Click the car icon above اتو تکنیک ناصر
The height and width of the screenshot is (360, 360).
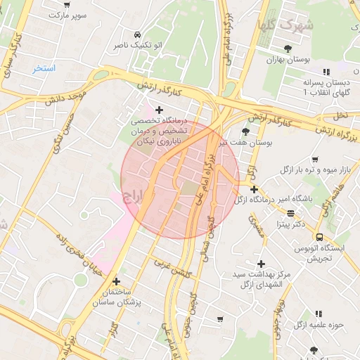[136, 34]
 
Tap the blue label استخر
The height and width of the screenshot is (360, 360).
[44, 69]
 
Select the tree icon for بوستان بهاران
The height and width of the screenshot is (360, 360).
[288, 49]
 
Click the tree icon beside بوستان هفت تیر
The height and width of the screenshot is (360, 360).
[245, 132]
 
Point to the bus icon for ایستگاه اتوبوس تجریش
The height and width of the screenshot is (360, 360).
[320, 237]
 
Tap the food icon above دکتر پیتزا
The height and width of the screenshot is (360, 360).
[290, 213]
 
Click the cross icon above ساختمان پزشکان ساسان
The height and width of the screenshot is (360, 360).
[117, 281]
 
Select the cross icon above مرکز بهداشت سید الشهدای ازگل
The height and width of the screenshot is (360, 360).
[261, 263]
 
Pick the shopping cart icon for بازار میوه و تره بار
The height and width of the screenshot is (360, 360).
[314, 160]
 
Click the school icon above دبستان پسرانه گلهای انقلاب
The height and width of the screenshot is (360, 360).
[326, 72]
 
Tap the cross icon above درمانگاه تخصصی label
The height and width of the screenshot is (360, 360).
[160, 110]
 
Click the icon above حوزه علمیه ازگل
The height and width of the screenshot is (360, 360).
[318, 314]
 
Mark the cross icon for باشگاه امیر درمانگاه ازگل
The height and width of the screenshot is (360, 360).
[253, 189]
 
